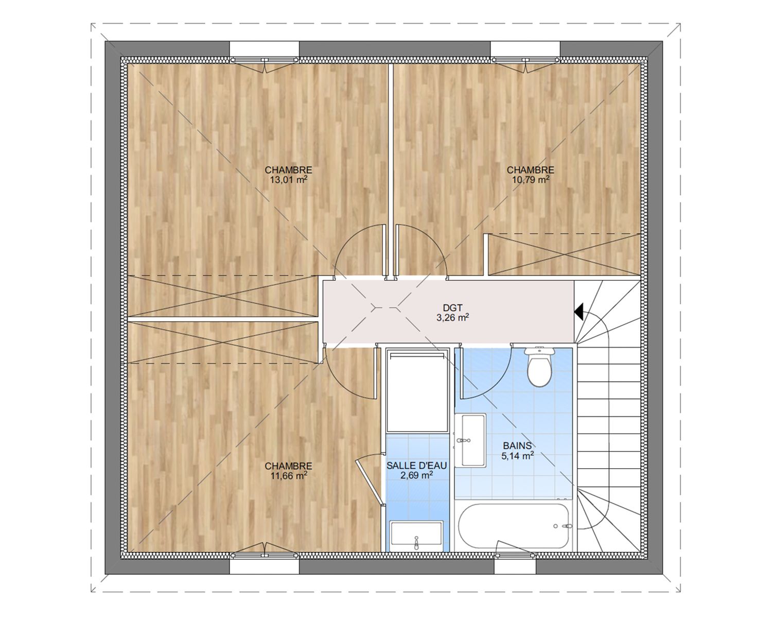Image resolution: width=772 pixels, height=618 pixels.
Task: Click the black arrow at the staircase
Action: [x=578, y=312]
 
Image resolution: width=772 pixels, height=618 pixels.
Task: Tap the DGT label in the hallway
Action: [x=453, y=308]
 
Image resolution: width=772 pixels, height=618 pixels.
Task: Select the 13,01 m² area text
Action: [x=288, y=180]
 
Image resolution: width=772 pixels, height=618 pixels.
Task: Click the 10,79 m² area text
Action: [x=531, y=180]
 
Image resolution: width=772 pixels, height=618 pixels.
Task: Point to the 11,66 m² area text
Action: [x=288, y=476]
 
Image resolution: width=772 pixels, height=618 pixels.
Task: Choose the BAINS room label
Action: [x=517, y=445]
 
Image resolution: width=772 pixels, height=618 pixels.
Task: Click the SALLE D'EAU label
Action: [x=416, y=466]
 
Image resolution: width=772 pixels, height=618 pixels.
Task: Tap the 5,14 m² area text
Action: [x=517, y=456]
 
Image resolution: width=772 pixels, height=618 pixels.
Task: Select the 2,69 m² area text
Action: [x=416, y=476]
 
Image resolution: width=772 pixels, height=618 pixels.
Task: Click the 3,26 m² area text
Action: [x=453, y=317]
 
